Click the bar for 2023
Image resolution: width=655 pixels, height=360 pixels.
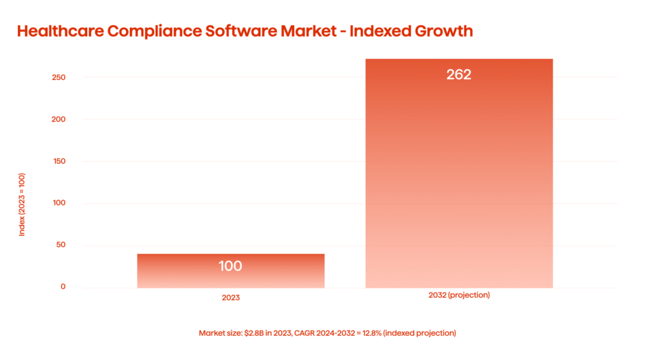point(230,271)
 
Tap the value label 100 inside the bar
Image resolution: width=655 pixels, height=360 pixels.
point(230,266)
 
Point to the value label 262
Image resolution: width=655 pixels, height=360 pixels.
point(459,75)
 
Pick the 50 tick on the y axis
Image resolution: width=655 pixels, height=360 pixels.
point(61,246)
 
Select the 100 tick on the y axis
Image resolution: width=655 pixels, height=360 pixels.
point(59,203)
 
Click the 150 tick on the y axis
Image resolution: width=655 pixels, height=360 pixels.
point(59,161)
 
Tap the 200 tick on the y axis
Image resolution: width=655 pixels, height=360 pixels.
point(59,120)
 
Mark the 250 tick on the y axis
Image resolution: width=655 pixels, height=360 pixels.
point(59,77)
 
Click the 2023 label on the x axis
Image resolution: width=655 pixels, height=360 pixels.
point(230,297)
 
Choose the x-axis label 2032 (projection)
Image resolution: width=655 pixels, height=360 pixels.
point(459,295)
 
